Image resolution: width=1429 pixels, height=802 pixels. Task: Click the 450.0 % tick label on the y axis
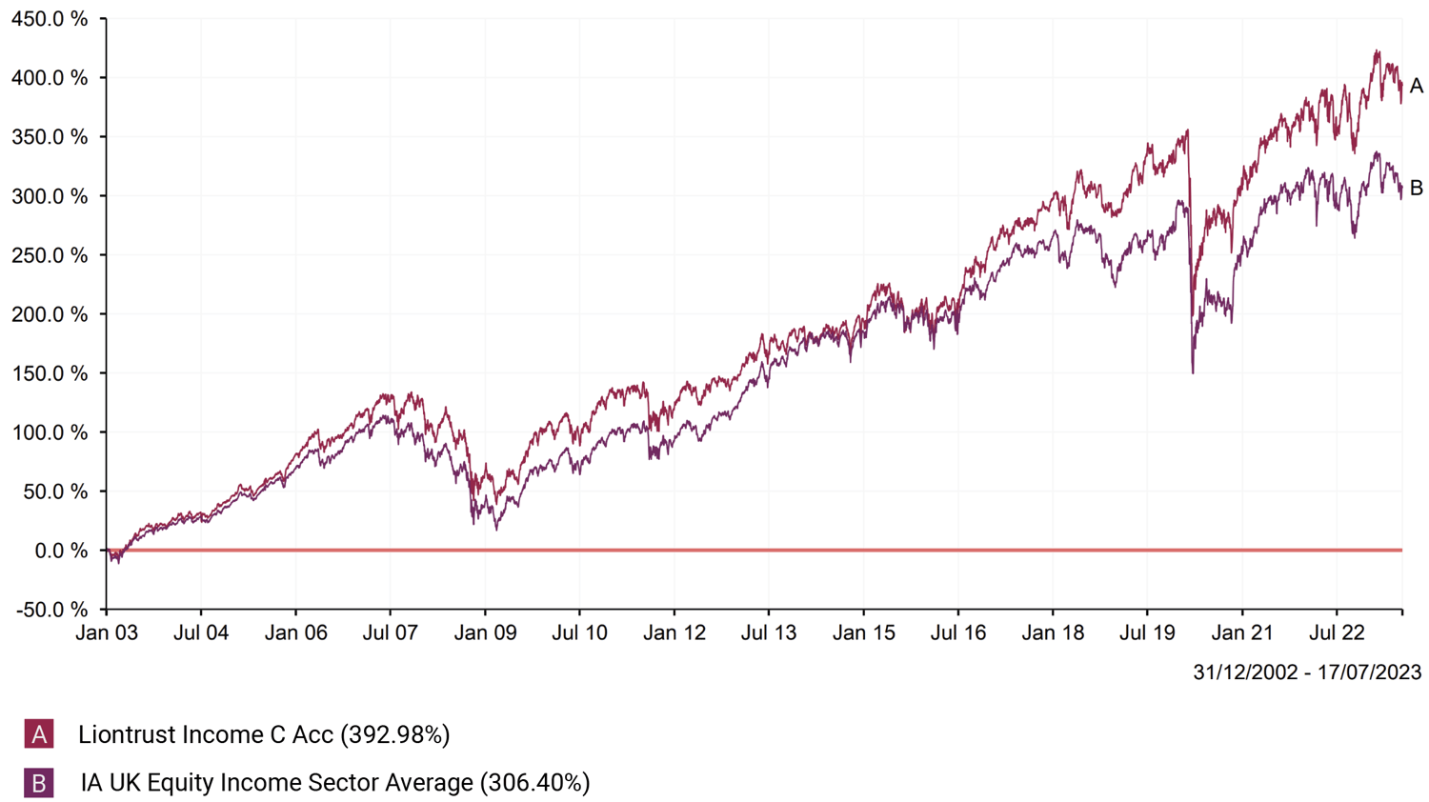pyautogui.click(x=50, y=19)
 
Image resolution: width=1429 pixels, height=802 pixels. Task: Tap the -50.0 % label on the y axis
pyautogui.click(x=52, y=610)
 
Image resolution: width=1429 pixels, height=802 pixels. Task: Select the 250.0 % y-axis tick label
pyautogui.click(x=50, y=255)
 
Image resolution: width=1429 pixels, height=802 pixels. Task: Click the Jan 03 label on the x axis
pyautogui.click(x=107, y=633)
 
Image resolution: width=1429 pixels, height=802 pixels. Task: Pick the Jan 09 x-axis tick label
pyautogui.click(x=485, y=633)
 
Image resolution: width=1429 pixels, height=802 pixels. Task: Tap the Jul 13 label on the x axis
pyautogui.click(x=769, y=633)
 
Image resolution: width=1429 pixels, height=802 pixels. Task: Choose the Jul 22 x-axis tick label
pyautogui.click(x=1336, y=633)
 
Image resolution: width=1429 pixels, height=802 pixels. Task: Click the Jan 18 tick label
pyautogui.click(x=1053, y=633)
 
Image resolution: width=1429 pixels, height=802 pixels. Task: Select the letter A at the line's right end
pyautogui.click(x=1417, y=87)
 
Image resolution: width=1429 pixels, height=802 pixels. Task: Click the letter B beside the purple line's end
pyautogui.click(x=1417, y=189)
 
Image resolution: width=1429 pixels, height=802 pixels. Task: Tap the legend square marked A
pyautogui.click(x=39, y=734)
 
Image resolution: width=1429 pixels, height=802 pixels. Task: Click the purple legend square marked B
pyautogui.click(x=39, y=783)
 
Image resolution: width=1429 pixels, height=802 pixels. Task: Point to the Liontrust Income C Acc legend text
pyautogui.click(x=206, y=734)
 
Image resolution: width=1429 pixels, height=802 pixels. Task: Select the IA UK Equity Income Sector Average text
pyautogui.click(x=277, y=783)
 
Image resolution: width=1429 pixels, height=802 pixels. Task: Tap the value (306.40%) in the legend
pyautogui.click(x=535, y=783)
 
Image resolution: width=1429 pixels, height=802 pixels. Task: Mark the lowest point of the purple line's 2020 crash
pyautogui.click(x=1193, y=371)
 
